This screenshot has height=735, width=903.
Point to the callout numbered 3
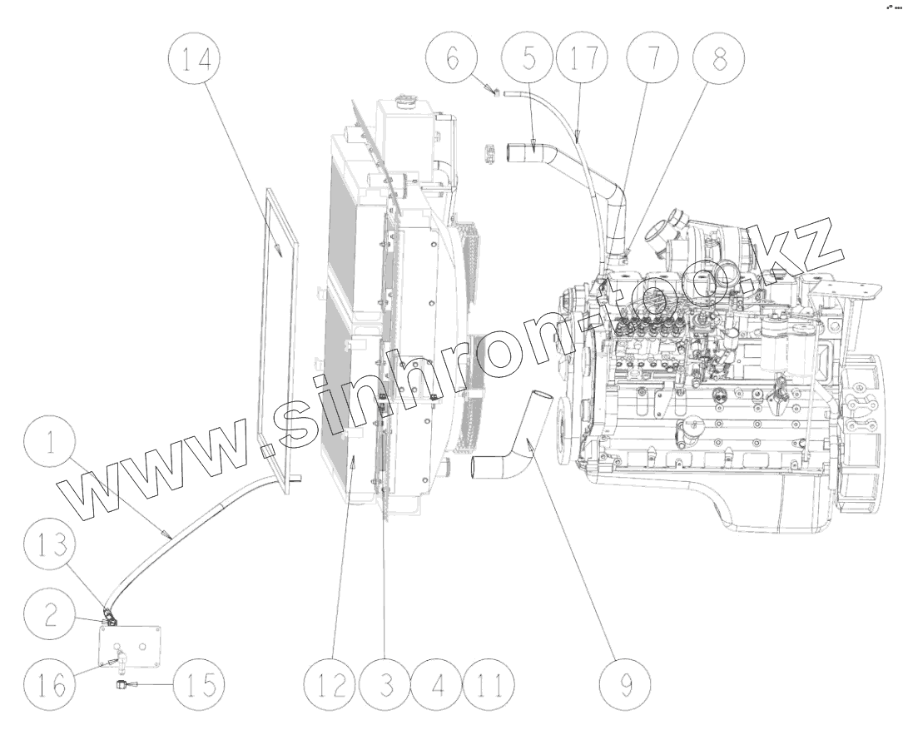(385, 684)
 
